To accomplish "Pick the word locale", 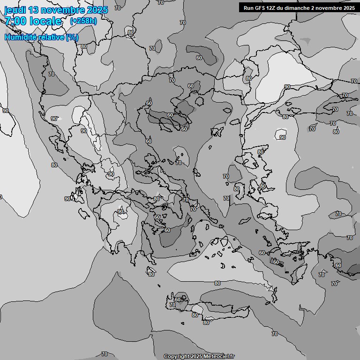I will click(45, 21).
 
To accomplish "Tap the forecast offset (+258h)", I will click(83, 21).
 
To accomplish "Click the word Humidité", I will click(21, 37).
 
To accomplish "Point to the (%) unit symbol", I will click(72, 37).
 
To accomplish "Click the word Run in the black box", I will click(248, 7).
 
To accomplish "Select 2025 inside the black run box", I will click(349, 7).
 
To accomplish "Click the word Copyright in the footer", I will click(177, 357).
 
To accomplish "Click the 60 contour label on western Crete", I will click(178, 299).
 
